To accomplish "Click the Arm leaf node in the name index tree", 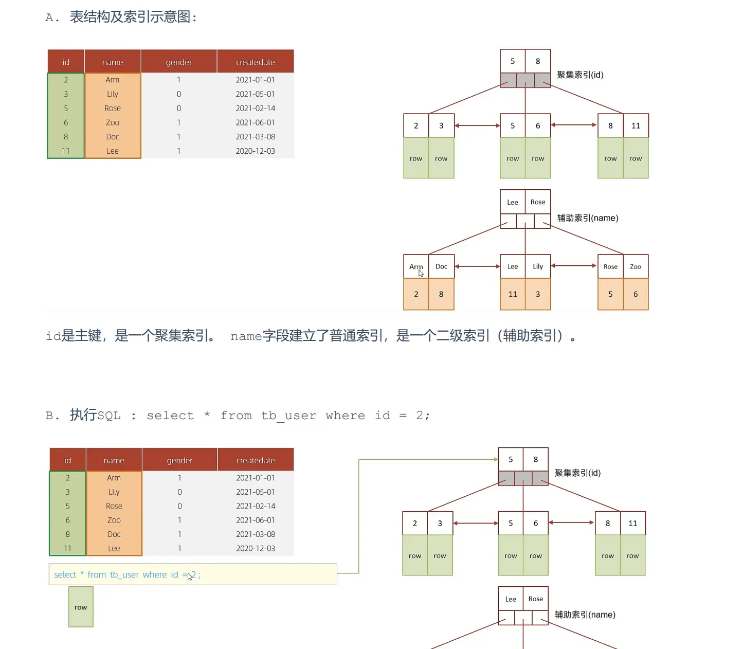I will [x=416, y=266].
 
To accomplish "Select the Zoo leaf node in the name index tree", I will [x=636, y=266].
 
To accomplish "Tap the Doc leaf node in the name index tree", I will [x=441, y=266].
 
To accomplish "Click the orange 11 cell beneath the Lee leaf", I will [x=513, y=294].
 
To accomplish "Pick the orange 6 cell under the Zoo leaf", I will [x=636, y=294].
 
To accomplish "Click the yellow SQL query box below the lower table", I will [x=193, y=574].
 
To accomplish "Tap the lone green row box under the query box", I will [x=81, y=607].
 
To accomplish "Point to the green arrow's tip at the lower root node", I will [x=496, y=459].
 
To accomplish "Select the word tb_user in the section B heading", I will [x=288, y=416].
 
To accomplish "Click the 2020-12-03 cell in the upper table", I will [x=255, y=151].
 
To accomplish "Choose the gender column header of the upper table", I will [x=179, y=62].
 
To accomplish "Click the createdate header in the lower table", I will [x=256, y=460].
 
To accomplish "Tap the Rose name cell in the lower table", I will [x=114, y=506].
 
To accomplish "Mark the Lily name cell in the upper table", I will [x=113, y=94].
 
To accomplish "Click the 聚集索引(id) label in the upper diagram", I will [x=580, y=75].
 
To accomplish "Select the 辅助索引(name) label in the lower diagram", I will [x=585, y=615].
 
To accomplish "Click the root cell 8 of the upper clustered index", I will [x=538, y=61].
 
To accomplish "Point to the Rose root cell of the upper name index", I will [x=538, y=202].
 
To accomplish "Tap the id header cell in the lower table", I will [x=67, y=460].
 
